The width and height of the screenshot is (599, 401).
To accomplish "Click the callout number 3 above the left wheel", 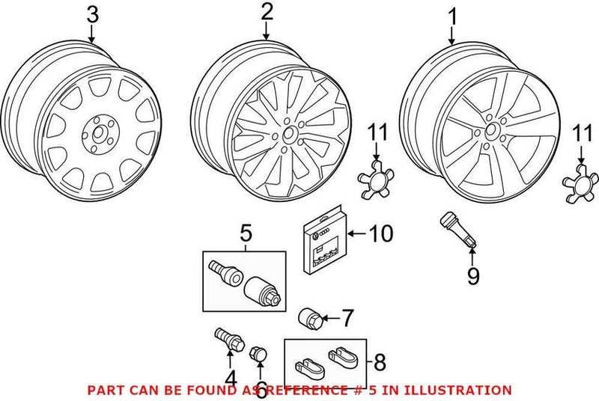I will [x=91, y=13].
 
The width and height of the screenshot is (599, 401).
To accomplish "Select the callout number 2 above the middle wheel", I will [x=267, y=11].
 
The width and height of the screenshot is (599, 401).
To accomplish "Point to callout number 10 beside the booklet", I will [x=380, y=235].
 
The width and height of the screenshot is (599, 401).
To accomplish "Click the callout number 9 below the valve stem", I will [x=472, y=276].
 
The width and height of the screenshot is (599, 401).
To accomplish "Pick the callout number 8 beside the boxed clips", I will [x=379, y=363].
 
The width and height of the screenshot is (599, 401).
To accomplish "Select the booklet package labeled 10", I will [x=323, y=241].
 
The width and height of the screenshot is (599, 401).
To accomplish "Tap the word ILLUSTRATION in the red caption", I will [x=467, y=390].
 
